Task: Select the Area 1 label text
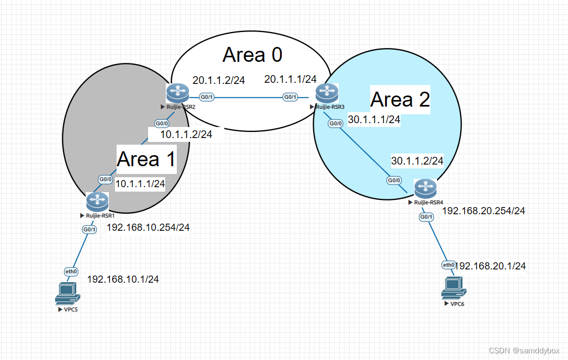[146, 159]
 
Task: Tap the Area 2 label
[399, 99]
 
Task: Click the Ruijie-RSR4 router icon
[425, 189]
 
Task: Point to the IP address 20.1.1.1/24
[290, 80]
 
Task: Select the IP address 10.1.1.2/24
[186, 133]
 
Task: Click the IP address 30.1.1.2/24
[417, 161]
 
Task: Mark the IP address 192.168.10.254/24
[148, 227]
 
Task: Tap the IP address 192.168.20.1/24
[490, 266]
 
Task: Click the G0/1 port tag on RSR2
[207, 97]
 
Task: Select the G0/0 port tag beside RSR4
[393, 181]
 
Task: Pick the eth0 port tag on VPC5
[71, 271]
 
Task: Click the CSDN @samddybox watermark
[525, 351]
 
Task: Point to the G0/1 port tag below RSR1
[89, 229]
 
